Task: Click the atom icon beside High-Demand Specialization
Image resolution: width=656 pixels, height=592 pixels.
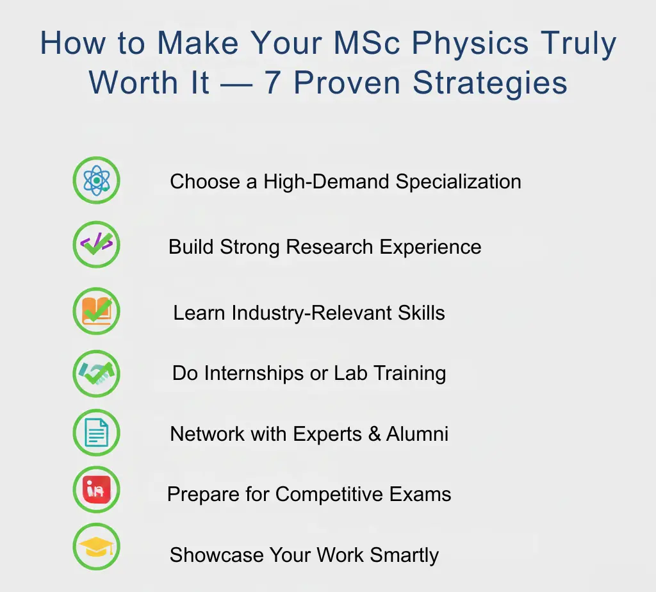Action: pos(96,181)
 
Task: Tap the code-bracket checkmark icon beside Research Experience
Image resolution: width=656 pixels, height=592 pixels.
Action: pos(96,244)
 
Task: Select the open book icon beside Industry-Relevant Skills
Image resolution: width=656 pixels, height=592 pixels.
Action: pos(96,311)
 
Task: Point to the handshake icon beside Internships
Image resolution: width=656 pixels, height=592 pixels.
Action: pos(96,373)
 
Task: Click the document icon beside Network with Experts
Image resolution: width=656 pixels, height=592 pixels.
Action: pos(96,434)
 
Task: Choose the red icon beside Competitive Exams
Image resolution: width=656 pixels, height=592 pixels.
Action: pos(96,490)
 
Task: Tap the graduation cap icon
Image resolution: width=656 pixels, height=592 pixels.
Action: pos(96,547)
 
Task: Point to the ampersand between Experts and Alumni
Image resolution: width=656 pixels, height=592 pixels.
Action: pos(374,434)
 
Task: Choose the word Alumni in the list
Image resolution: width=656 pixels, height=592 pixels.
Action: pos(417,434)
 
